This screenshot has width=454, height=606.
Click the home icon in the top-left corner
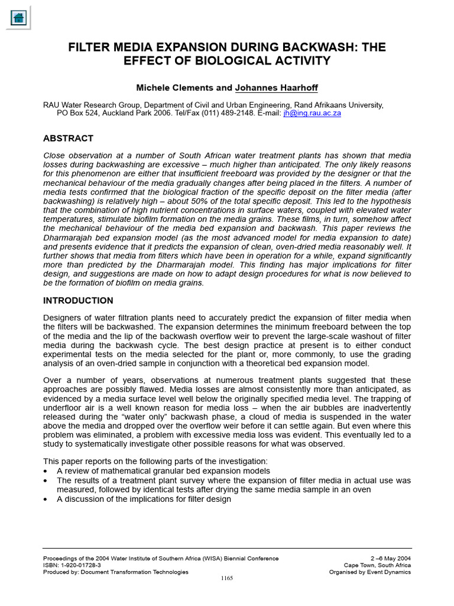click(18, 17)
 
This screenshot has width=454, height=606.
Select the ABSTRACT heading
click(68, 138)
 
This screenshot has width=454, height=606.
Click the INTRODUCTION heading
click(78, 301)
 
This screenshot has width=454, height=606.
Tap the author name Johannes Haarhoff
click(276, 88)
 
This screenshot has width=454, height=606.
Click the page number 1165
click(227, 578)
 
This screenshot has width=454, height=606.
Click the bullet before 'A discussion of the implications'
click(46, 499)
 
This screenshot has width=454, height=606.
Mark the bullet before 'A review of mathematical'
click(46, 471)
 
